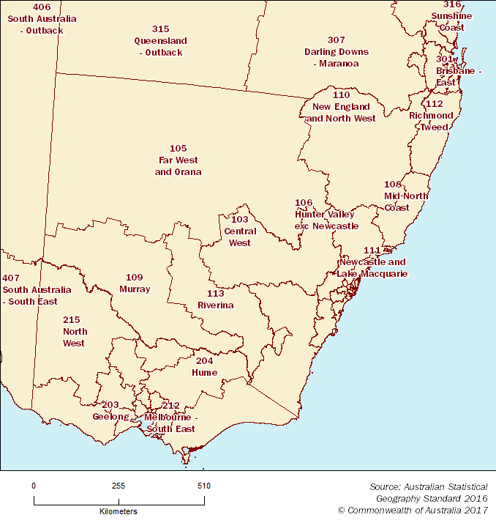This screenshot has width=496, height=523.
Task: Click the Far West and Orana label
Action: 178,160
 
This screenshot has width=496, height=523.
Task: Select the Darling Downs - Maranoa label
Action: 337,52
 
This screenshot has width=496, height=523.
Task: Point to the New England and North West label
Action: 341,107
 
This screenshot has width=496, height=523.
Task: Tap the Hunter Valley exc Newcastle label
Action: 326,215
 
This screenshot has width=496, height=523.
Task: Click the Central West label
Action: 240,231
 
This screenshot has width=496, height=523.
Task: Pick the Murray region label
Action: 135,283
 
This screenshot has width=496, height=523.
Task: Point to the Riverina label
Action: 215,300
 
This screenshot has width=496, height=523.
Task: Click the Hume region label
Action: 206,367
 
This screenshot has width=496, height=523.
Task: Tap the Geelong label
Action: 110,411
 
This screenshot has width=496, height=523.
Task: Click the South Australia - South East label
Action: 37,290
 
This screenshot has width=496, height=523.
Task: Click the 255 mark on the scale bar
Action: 119,486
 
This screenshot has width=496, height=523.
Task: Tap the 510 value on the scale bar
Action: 204,486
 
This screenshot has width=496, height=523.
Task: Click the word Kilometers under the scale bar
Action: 119,511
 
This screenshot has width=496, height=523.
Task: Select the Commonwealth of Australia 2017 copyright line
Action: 413,510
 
